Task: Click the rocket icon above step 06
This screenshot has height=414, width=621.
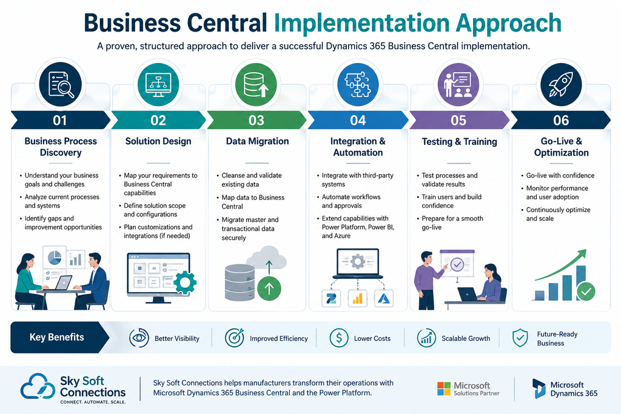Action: coord(561,84)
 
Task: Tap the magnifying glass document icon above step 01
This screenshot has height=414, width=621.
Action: coord(61,84)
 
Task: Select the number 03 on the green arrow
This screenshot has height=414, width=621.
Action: coord(257,121)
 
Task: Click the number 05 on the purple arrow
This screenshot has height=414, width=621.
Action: coord(458,121)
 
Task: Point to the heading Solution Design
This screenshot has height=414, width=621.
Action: coord(158,141)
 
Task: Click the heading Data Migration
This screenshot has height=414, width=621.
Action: coord(257,141)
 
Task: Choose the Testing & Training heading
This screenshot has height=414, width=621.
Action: coord(460,142)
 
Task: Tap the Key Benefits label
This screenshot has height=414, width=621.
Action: coord(56,337)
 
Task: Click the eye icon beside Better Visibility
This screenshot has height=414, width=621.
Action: coord(139,338)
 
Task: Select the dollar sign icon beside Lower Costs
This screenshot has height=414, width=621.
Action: coord(339,338)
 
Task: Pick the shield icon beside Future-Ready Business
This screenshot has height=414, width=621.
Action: coord(520,338)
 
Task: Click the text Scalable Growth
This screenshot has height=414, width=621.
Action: coord(466,339)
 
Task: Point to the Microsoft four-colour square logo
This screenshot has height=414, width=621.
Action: coord(443,389)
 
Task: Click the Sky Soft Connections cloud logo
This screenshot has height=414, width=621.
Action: coord(38,386)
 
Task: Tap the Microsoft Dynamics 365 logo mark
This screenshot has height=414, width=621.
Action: coord(539,389)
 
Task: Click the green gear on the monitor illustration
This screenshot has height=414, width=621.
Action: coord(184,282)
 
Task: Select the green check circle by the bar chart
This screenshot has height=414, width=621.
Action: coord(586,292)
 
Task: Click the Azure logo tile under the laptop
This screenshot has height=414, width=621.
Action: coord(384,299)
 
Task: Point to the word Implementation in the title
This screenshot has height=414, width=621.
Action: coord(361,24)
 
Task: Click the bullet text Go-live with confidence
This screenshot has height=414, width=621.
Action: coord(560,176)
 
